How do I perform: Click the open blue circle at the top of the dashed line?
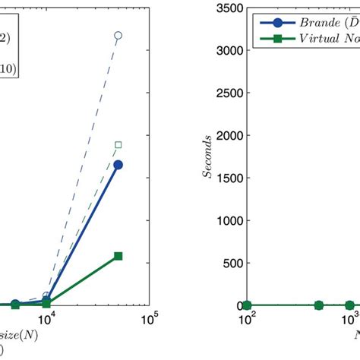tap(118, 35)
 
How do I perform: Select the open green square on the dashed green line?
tap(118, 144)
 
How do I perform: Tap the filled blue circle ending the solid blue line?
tap(118, 164)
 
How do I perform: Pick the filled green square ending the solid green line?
tap(118, 257)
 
